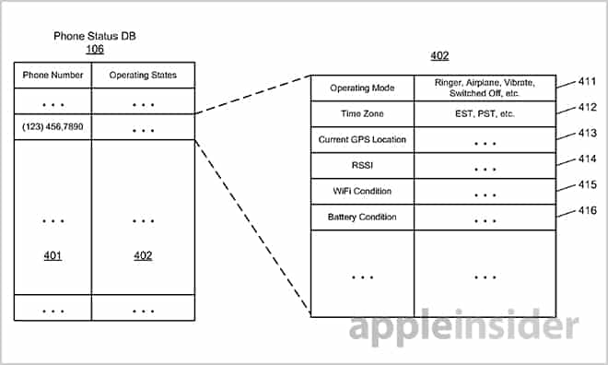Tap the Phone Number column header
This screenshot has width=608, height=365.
(x=53, y=75)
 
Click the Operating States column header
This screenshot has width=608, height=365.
(x=143, y=75)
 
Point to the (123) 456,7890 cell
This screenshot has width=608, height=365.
(x=53, y=125)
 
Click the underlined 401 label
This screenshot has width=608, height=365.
(x=53, y=255)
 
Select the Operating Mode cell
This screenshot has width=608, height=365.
(x=362, y=88)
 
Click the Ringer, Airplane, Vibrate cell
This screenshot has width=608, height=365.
(x=484, y=88)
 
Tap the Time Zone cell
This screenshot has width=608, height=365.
(x=362, y=114)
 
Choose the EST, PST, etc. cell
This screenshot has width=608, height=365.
(x=484, y=114)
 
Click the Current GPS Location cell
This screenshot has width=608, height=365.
(x=362, y=140)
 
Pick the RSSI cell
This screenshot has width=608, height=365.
(x=362, y=166)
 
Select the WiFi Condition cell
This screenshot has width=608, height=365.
(x=362, y=192)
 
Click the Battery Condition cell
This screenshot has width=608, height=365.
(x=362, y=218)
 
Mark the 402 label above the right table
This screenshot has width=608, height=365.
(x=439, y=56)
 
